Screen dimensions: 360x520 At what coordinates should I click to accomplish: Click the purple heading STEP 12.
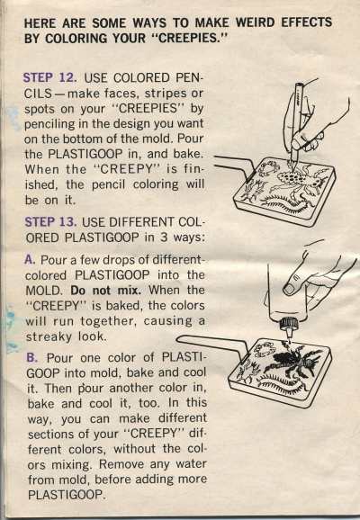49,78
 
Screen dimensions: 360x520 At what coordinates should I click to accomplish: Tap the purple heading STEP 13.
50,222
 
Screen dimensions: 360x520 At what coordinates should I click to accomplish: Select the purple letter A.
30,259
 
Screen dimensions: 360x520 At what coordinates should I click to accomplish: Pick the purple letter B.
31,357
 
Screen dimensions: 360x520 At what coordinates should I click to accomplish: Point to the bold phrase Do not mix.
106,291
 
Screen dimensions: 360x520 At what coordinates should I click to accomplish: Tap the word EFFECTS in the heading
307,22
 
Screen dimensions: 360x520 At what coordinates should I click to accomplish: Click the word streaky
49,337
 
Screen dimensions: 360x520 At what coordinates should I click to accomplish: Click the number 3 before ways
164,238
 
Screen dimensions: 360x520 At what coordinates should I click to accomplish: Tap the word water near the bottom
191,463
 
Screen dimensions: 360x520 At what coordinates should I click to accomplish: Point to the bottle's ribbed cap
288,323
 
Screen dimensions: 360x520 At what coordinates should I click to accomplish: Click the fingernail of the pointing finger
289,289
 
